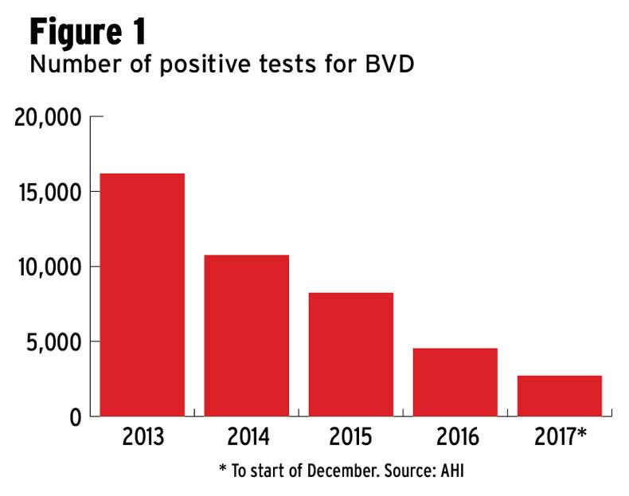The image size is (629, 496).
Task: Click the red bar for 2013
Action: click(142, 295)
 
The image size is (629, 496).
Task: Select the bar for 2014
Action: click(246, 335)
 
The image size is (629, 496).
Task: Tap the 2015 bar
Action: click(350, 354)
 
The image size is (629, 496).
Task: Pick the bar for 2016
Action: click(455, 382)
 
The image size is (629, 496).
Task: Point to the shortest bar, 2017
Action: click(559, 396)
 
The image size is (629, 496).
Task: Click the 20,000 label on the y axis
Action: click(49, 118)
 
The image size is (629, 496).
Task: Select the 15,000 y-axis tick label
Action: click(49, 193)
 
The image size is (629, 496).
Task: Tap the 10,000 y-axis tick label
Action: click(49, 267)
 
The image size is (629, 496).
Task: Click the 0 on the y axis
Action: click(76, 416)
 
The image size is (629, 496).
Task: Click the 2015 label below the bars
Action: click(350, 438)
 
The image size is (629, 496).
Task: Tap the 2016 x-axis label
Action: click(455, 438)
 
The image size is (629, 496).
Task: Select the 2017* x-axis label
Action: click(562, 438)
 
